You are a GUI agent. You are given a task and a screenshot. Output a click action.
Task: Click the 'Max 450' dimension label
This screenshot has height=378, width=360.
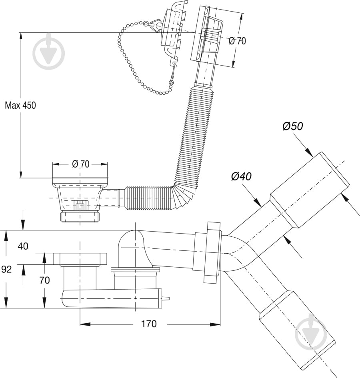[x=20, y=105]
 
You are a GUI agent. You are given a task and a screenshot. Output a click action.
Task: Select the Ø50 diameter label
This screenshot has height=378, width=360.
[x=292, y=126]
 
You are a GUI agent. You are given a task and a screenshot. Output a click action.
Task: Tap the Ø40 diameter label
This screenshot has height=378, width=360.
[x=241, y=176]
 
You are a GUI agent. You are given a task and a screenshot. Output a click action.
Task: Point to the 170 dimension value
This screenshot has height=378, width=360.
[x=149, y=324]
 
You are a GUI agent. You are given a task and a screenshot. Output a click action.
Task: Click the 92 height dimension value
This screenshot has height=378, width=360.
[x=6, y=269]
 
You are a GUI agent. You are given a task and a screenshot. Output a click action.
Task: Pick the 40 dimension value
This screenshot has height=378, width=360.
[x=23, y=246]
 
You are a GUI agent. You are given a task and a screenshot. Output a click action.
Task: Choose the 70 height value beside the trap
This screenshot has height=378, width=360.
[x=44, y=280]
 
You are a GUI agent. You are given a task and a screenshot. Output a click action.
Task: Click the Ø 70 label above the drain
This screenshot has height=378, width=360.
[x=80, y=164]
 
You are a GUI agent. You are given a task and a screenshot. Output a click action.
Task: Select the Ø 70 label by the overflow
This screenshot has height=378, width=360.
[x=237, y=41]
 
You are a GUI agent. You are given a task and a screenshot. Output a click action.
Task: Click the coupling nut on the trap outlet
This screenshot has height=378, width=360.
[x=212, y=252]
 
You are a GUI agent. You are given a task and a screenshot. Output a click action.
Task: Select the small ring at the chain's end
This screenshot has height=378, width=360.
[x=171, y=83]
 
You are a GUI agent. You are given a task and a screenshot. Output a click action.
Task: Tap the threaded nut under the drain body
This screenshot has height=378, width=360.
[x=80, y=217]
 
